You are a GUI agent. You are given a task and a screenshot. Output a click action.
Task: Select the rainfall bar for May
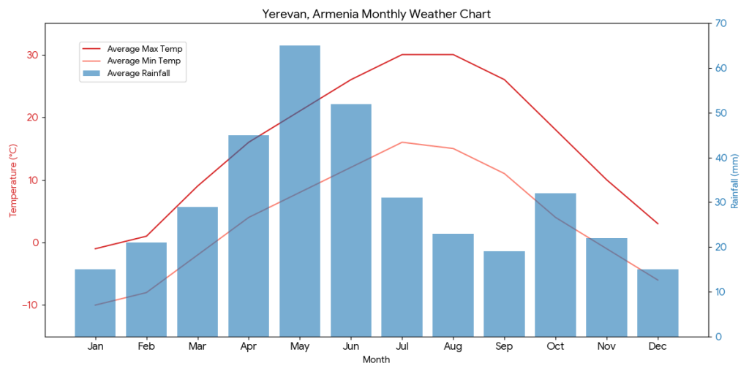[x=300, y=191]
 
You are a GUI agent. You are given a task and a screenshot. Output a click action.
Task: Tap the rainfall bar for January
[x=95, y=302]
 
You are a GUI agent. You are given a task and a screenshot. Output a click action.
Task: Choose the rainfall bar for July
[x=402, y=267]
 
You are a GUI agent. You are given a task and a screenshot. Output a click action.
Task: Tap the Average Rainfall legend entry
[x=143, y=73]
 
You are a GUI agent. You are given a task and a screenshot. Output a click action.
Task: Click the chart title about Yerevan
[x=377, y=14]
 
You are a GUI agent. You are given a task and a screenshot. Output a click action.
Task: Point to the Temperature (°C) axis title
[x=12, y=180]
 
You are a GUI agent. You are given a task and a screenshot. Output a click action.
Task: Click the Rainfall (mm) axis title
[x=735, y=180]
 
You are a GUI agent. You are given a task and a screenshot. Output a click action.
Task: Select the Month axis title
[x=377, y=359]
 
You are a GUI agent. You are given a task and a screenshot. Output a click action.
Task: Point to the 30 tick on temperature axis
[x=33, y=56]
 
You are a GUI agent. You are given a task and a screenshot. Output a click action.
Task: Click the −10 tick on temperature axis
[x=30, y=305]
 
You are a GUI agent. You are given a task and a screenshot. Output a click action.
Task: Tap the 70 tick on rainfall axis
[x=720, y=23]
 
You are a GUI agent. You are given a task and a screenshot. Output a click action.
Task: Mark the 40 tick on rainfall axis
[x=720, y=158]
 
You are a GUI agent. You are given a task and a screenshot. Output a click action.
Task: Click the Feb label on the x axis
[x=146, y=346]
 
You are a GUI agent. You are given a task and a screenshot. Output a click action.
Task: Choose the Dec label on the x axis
[x=658, y=346]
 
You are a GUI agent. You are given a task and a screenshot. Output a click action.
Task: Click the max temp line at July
[x=402, y=55]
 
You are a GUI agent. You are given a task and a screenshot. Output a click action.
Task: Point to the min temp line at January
[x=95, y=305]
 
